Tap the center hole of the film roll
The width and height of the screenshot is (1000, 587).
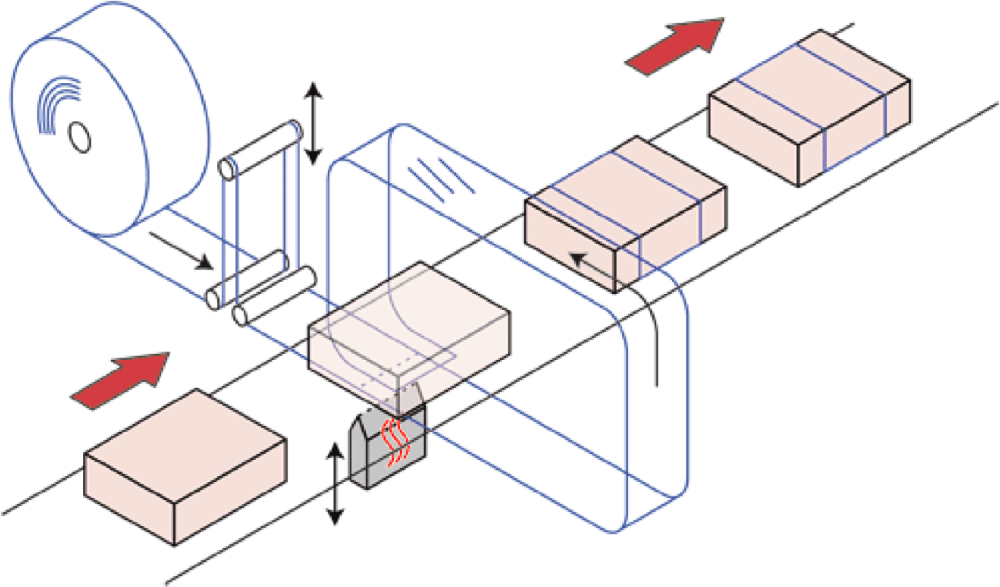tap(80, 137)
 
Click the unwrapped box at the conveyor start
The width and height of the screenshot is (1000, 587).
tap(186, 468)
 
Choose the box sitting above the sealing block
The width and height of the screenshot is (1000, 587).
tap(408, 330)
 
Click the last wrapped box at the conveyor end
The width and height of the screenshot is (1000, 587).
tap(810, 108)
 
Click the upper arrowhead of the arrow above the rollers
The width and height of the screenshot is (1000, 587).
tap(313, 89)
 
